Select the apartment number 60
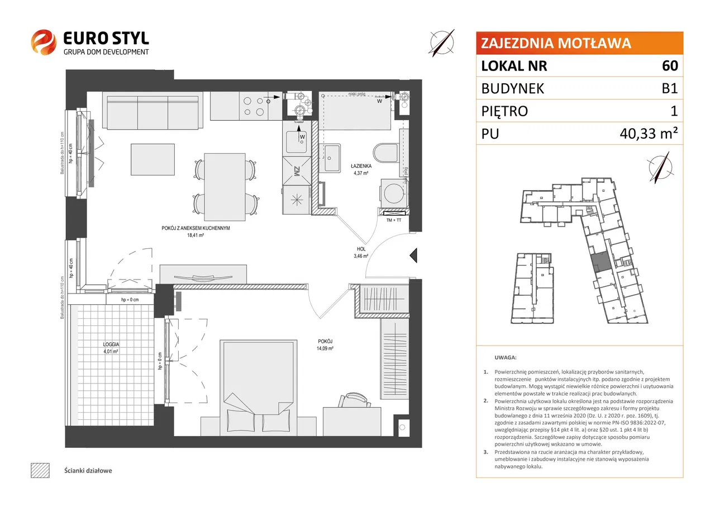point(670,66)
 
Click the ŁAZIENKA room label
point(361,166)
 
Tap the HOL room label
point(361,250)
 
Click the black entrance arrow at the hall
point(414,256)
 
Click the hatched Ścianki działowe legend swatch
point(40,470)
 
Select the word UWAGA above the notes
point(506,357)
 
